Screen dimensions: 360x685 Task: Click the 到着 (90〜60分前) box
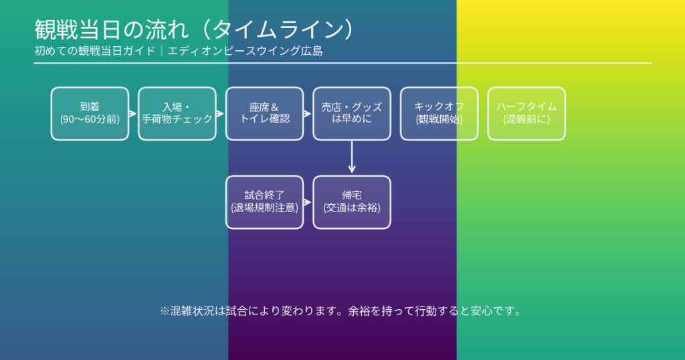(90, 114)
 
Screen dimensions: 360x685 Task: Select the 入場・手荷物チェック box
(177, 114)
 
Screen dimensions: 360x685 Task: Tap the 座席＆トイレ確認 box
(264, 114)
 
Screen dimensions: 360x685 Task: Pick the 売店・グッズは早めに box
(352, 114)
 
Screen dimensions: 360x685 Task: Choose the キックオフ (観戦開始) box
(439, 114)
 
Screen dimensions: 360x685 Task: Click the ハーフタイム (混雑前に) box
(526, 114)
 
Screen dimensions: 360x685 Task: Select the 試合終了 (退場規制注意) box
(264, 202)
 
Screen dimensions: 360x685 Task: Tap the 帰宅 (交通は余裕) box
(352, 202)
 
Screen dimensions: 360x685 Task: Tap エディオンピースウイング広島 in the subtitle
(245, 51)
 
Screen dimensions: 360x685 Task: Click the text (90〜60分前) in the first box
(90, 120)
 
